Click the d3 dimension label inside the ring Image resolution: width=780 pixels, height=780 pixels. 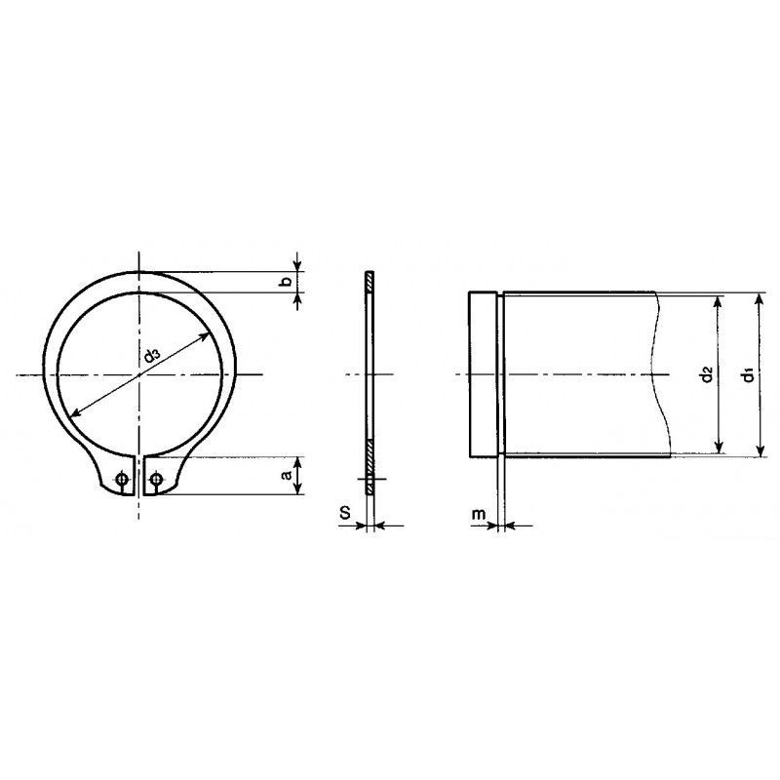pos(151,357)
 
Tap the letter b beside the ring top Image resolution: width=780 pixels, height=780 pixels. pos(286,282)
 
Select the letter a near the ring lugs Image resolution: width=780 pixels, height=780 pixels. pos(286,476)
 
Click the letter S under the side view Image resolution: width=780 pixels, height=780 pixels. pos(344,511)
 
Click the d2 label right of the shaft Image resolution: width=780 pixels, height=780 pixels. pos(706,374)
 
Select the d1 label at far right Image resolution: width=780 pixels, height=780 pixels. pos(745,374)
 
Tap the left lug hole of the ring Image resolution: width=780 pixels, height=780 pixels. pos(121,479)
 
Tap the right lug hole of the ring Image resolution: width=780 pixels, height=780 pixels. pos(156,479)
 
